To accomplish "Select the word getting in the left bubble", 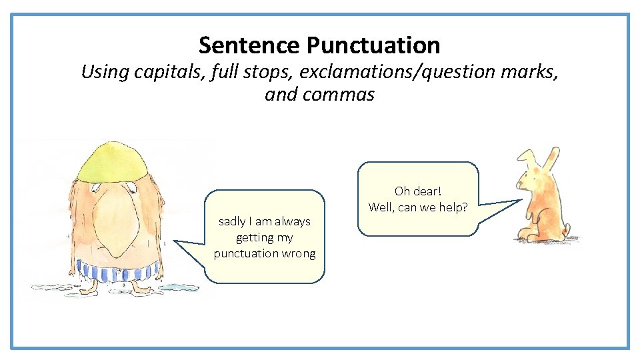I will click(255, 237).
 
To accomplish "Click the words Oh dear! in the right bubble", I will click(418, 191).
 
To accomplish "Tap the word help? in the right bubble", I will click(453, 207).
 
